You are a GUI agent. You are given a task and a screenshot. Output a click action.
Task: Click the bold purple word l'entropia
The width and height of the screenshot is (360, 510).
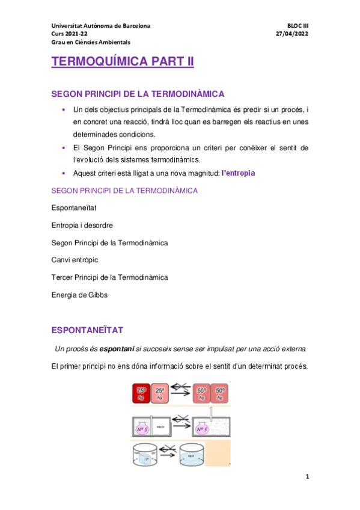[238, 173]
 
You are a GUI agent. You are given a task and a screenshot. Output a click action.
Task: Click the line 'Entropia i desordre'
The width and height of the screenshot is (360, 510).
[82, 225]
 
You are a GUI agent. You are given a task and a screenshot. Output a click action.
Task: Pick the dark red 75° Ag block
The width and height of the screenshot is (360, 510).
[142, 393]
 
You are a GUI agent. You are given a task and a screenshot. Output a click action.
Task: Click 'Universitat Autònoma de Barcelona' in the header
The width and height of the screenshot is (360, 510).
[101, 26]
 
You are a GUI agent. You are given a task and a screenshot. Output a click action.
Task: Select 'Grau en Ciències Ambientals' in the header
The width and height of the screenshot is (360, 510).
[90, 42]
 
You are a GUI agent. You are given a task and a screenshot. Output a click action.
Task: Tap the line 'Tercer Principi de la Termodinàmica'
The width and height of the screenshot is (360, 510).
[110, 277]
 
